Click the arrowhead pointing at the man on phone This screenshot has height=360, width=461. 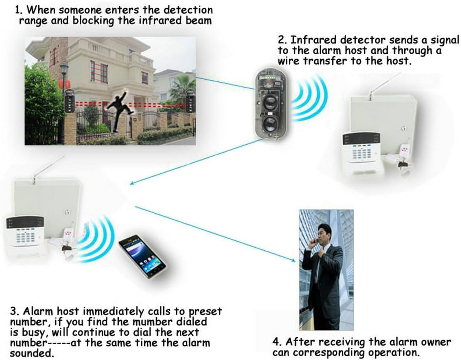[x=292, y=260]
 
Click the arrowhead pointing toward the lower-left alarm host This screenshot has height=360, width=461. [x=133, y=183]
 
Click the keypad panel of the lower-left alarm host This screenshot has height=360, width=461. [x=25, y=232]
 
